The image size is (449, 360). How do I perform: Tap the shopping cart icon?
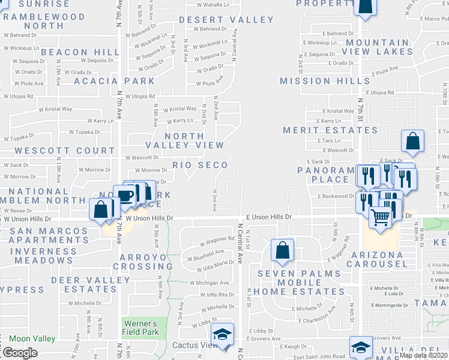pyautogui.click(x=379, y=218)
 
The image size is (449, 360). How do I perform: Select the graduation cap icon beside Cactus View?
pyautogui.click(x=222, y=334)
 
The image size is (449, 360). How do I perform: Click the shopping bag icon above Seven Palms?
pyautogui.click(x=282, y=250)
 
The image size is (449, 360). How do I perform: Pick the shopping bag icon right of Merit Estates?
pyautogui.click(x=413, y=142)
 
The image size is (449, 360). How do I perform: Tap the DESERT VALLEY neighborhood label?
pyautogui.click(x=226, y=20)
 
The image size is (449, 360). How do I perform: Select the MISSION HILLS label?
pyautogui.click(x=324, y=81)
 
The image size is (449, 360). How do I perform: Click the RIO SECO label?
pyautogui.click(x=200, y=165)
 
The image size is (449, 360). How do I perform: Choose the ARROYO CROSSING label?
pyautogui.click(x=146, y=262)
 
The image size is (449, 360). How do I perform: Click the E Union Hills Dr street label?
pyautogui.click(x=268, y=217)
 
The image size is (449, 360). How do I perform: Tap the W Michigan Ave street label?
pyautogui.click(x=209, y=283)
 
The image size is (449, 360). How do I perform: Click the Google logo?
pyautogui.click(x=20, y=353)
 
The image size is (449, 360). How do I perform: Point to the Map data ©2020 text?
pyautogui.click(x=423, y=355)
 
